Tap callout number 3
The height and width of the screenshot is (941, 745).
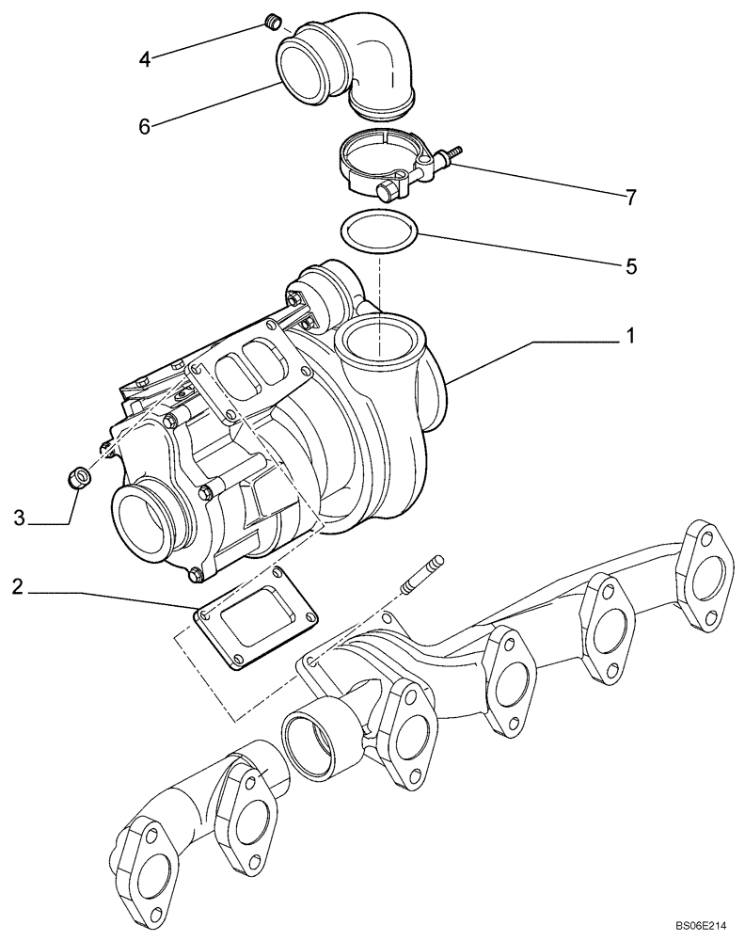point(18,518)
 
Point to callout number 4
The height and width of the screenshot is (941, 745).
point(144,59)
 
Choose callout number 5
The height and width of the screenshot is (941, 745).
point(631,267)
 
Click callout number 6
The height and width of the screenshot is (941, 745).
point(144,126)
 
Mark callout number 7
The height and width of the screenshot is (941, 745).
point(631,198)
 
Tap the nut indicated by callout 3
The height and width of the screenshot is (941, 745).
point(80,477)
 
